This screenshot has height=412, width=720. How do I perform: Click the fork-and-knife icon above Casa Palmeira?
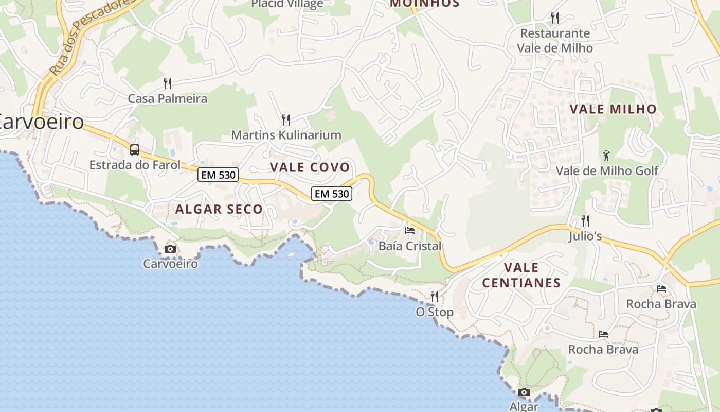click(167, 83)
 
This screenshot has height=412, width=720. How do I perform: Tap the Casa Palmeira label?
click(167, 98)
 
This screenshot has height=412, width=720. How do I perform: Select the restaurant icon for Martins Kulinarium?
click(286, 120)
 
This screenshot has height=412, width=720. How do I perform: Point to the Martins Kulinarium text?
click(286, 135)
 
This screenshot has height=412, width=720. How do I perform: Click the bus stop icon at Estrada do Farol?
click(135, 150)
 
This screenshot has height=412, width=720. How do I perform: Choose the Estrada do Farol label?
click(135, 165)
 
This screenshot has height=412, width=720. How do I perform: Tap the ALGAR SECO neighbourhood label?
click(219, 209)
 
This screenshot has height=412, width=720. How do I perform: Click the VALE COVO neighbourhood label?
click(310, 167)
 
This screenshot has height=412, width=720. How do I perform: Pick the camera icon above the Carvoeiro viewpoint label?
click(170, 249)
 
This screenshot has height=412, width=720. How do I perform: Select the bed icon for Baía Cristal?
click(410, 231)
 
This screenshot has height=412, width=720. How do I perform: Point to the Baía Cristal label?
click(410, 246)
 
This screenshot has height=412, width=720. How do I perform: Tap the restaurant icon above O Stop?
click(435, 297)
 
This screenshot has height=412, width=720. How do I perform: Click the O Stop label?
click(435, 312)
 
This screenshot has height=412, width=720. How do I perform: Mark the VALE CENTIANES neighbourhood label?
click(521, 275)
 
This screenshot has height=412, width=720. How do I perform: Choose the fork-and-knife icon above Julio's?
click(585, 221)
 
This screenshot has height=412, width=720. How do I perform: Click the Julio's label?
click(585, 236)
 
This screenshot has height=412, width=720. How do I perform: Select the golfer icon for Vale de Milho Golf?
click(607, 155)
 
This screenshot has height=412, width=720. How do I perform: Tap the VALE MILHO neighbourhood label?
click(613, 109)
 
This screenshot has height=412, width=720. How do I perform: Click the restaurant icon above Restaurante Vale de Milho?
click(555, 18)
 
